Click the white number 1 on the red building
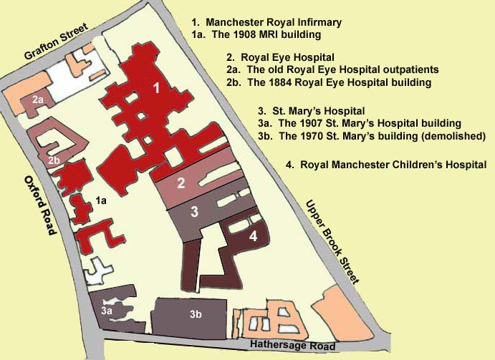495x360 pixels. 156,87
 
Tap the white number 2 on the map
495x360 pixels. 181,183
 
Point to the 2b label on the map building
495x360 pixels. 54,160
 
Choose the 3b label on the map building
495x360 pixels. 196,314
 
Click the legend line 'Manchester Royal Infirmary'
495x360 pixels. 266,22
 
